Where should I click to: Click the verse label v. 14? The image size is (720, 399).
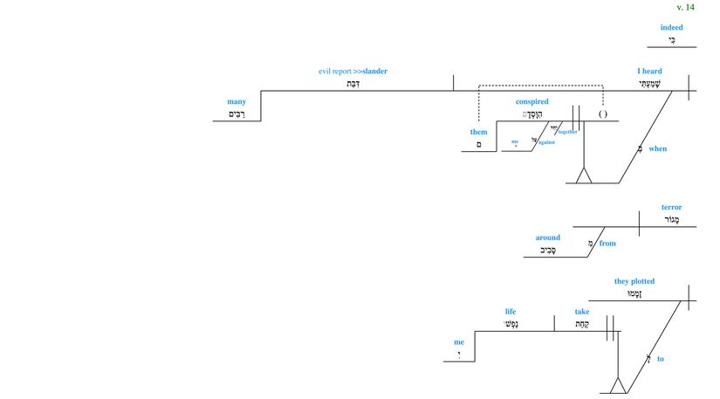click(685, 7)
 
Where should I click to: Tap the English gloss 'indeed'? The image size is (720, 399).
click(671, 27)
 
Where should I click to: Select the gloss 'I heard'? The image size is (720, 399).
click(649, 72)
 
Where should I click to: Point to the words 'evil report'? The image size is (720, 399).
click(335, 72)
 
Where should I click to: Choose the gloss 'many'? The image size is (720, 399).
click(236, 102)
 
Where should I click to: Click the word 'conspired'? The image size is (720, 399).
click(531, 102)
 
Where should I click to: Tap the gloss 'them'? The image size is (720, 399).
click(478, 133)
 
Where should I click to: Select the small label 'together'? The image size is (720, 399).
click(568, 132)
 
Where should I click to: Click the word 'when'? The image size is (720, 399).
click(657, 149)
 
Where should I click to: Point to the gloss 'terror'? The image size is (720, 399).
click(671, 208)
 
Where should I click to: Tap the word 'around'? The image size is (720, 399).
click(548, 237)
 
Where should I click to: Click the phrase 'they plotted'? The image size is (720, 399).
click(634, 282)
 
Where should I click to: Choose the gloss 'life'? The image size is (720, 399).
click(511, 312)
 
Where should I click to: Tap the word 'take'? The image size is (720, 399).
click(581, 312)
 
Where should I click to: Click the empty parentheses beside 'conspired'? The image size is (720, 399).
click(602, 114)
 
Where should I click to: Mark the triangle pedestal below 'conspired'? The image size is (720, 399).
click(583, 175)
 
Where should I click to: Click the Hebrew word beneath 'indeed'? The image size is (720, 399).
click(671, 40)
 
